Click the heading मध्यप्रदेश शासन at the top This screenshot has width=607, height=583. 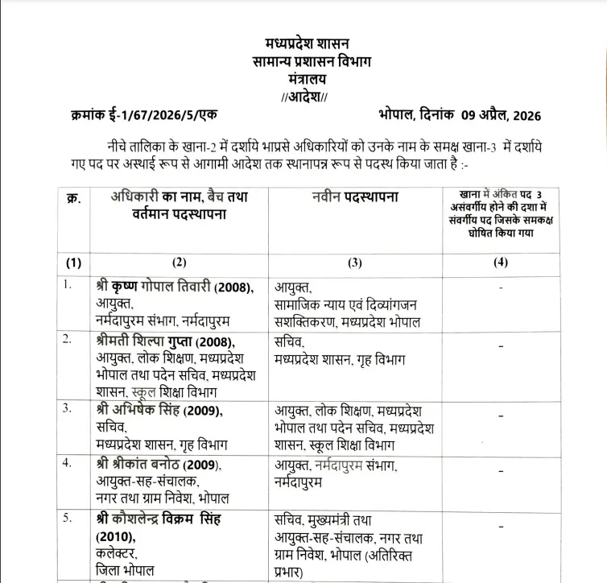(x=307, y=43)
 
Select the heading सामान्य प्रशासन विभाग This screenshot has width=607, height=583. (x=307, y=61)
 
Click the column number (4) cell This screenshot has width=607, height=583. (x=501, y=263)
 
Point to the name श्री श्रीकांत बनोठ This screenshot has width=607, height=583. (x=147, y=465)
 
